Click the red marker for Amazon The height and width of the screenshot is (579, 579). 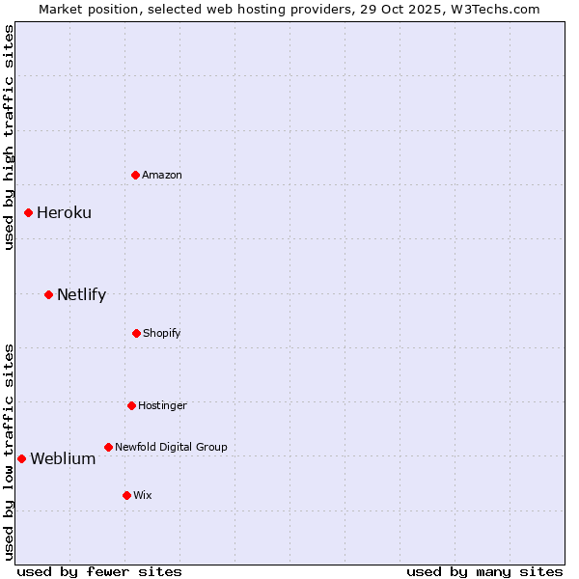[136, 175]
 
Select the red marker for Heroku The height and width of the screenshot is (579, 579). [29, 212]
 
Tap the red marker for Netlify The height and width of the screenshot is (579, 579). [49, 294]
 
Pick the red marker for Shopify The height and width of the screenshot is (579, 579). [136, 333]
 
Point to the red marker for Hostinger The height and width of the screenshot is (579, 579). [131, 405]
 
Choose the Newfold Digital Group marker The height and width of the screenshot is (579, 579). [108, 447]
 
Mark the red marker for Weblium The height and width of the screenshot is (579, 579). [22, 458]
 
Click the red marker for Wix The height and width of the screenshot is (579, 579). [126, 495]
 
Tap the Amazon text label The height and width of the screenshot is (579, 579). [162, 175]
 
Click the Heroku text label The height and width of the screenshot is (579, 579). [64, 212]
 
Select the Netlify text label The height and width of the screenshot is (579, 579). [81, 294]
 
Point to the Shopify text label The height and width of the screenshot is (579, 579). [162, 333]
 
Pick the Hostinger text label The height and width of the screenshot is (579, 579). [162, 405]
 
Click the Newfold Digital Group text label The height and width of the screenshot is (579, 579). [171, 447]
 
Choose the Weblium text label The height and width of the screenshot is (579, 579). [63, 458]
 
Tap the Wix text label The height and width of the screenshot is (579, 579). [143, 495]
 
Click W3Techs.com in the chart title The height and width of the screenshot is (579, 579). [498, 9]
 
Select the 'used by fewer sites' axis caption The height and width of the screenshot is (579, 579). [99, 571]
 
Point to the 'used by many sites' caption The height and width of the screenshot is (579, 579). [484, 571]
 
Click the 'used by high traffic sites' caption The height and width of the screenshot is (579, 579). [9, 137]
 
